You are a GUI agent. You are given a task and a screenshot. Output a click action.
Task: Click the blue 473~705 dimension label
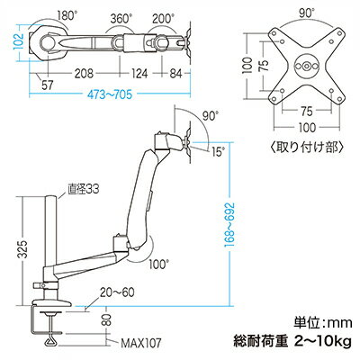[110, 94]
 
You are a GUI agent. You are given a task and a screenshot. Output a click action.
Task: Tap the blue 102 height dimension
[18, 42]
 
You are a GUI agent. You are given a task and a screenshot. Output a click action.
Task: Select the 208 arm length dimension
[84, 73]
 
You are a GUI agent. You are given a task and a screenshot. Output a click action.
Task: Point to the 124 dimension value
[139, 73]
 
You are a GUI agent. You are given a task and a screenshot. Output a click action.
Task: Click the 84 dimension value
[175, 73]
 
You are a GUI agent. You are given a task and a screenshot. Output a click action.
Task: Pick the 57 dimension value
[47, 85]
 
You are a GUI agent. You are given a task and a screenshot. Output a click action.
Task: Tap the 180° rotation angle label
[66, 16]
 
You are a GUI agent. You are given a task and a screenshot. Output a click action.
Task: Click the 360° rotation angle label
[121, 19]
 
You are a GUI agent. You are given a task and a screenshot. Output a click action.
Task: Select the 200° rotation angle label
[163, 19]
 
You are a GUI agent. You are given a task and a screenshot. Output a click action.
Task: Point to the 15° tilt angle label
[218, 152]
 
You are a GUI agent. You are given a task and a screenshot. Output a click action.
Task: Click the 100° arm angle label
[159, 265]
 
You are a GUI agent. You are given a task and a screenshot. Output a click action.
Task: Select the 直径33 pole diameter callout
[83, 190]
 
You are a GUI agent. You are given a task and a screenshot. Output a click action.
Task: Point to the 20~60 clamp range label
[117, 292]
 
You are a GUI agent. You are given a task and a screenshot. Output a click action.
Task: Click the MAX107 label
[141, 343]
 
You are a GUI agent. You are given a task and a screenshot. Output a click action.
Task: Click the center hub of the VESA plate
[306, 66]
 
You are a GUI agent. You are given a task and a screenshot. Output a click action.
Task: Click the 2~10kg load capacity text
[323, 342]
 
